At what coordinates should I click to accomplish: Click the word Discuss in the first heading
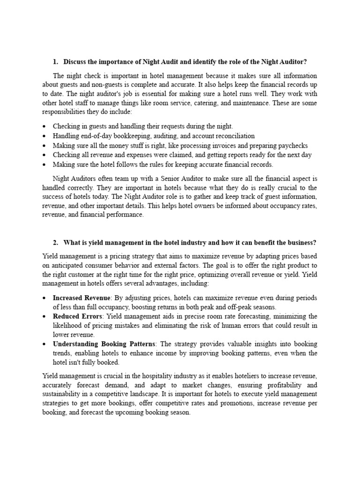point(75,62)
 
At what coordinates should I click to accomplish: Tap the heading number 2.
point(55,242)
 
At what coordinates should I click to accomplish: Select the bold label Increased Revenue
point(81,298)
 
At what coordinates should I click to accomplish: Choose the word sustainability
point(62,395)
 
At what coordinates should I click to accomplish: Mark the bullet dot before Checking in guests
point(44,127)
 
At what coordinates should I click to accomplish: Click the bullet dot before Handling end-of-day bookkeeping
point(44,136)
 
